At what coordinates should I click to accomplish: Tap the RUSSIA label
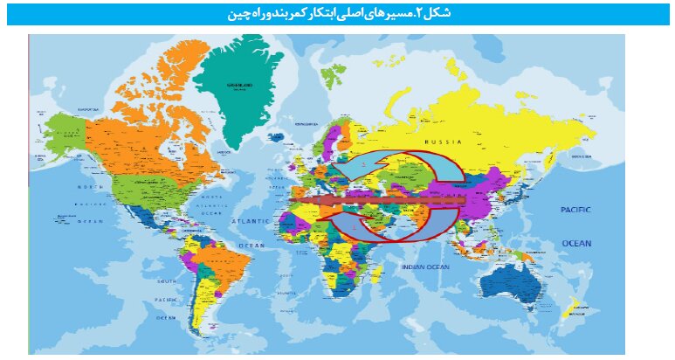point(443,142)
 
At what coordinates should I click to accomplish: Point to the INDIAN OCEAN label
point(424,266)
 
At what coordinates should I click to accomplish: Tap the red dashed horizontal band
point(375,201)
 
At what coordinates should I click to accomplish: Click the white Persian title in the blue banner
point(338,13)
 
